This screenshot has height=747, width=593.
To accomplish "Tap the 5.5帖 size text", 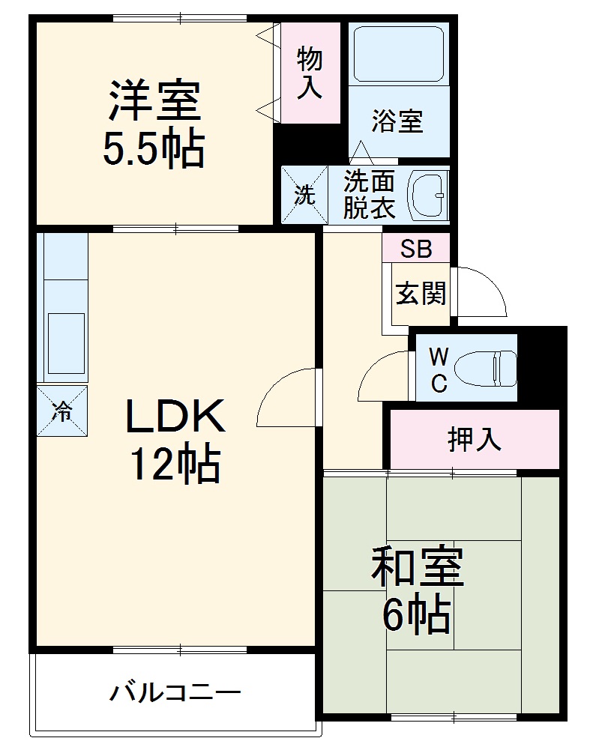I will pos(153,150).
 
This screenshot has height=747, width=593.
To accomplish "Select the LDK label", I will pos(175,417).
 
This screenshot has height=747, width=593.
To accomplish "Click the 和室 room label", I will pos(418,568).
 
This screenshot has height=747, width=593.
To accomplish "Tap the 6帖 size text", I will pos(416,616).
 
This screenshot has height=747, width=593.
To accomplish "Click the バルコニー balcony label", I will pos(175,692).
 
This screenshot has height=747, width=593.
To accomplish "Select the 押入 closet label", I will pos(474,441).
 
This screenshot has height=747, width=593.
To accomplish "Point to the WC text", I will pos(439,369).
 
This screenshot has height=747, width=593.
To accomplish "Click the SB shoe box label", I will pos(415,249).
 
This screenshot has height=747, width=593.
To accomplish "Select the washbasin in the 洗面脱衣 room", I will pos(429,195).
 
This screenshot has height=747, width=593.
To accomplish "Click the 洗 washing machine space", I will pos(304,195).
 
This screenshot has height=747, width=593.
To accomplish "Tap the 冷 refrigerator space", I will pos(62,410).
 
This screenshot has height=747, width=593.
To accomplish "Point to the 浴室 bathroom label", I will pos(397,121).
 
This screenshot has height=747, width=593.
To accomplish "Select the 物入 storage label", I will pos(310,73).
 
